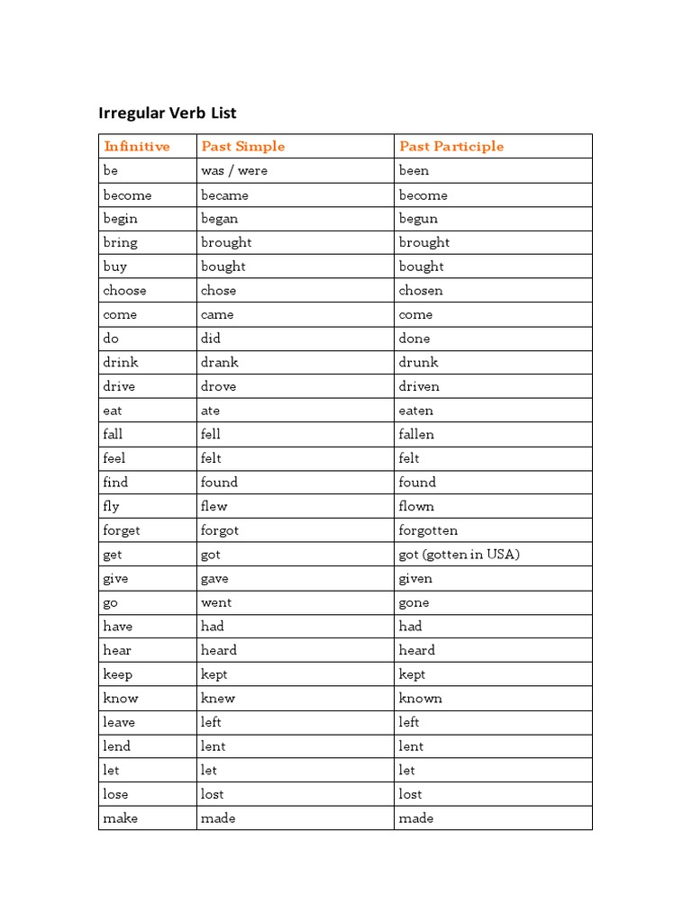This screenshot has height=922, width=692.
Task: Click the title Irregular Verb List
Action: tap(168, 113)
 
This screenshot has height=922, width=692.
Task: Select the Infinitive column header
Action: tap(136, 146)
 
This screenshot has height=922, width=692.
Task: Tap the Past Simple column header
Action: tap(242, 146)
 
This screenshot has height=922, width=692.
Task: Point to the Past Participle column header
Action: tap(451, 146)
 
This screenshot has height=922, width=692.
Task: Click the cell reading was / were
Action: tap(234, 170)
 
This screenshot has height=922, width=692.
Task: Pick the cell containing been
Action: tap(414, 170)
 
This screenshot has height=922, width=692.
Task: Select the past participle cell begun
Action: tap(418, 218)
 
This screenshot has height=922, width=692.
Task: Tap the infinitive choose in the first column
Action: tap(124, 290)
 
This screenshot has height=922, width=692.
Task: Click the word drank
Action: tap(219, 362)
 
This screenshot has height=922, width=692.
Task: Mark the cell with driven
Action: tap(419, 386)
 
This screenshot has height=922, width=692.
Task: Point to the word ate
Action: tap(210, 411)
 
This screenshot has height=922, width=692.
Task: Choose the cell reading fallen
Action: tap(416, 434)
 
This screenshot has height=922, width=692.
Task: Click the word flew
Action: tap(214, 506)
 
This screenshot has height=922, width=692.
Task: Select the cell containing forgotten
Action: tap(428, 530)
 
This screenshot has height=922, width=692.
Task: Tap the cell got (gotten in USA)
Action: tap(459, 554)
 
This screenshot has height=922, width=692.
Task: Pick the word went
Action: tap(216, 602)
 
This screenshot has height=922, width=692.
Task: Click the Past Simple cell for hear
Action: tap(219, 650)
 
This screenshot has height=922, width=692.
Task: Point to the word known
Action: tap(420, 698)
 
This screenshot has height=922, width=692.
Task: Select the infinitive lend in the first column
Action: tap(116, 746)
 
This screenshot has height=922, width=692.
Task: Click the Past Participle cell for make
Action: tap(416, 818)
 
